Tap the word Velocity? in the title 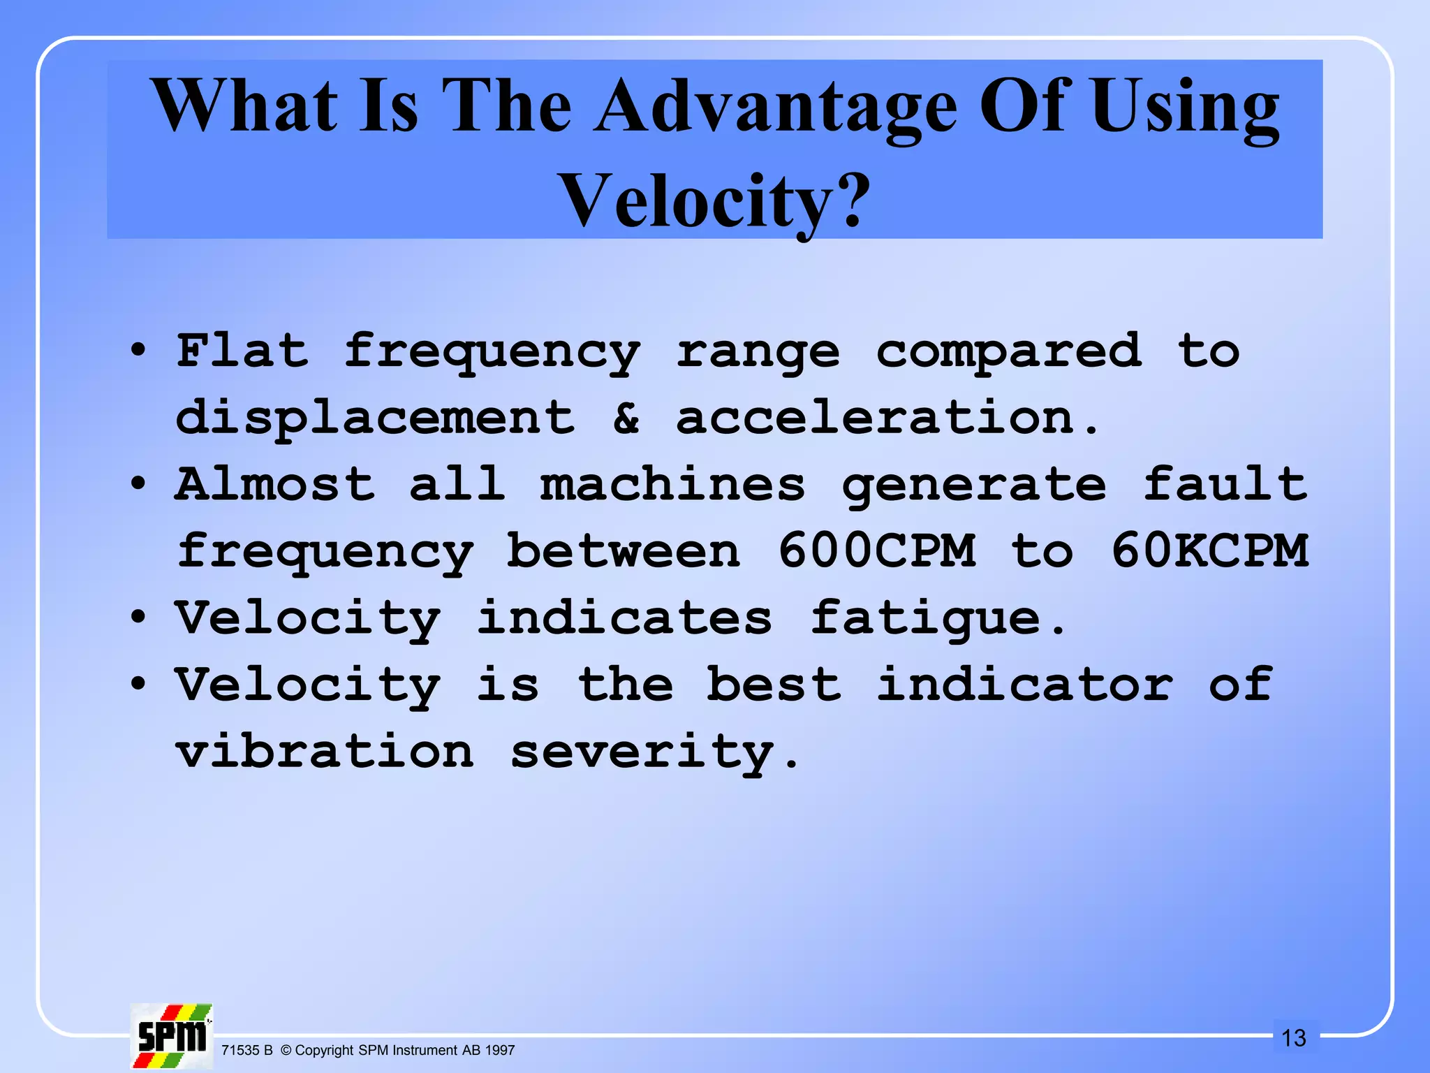tap(715, 200)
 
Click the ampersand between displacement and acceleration tap(626, 418)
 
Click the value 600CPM tap(876, 550)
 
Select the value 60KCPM tap(1209, 550)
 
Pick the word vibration tap(325, 752)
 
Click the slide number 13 tap(1293, 1038)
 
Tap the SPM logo tap(172, 1036)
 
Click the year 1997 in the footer tap(500, 1050)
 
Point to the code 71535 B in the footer tap(246, 1050)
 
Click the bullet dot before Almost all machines tap(138, 483)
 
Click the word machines tap(672, 484)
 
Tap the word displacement tap(375, 418)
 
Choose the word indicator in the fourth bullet tap(1024, 685)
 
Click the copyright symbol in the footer tap(286, 1050)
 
